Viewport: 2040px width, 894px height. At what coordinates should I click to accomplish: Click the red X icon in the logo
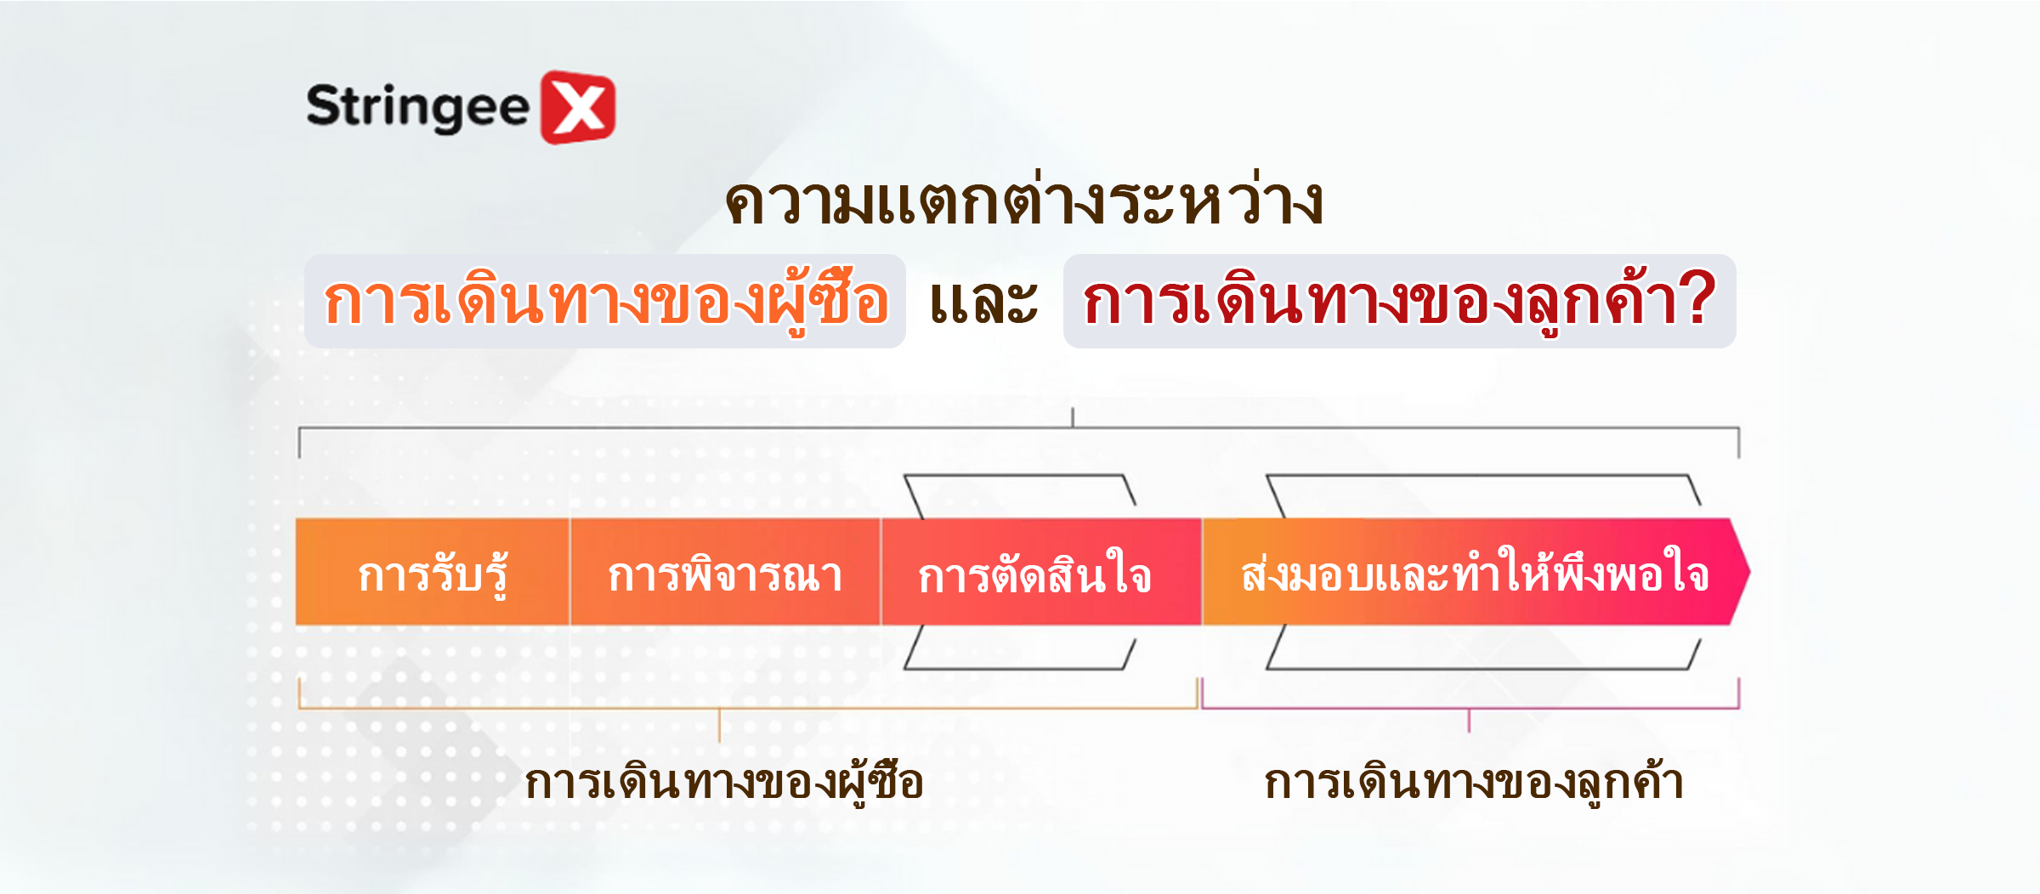[578, 107]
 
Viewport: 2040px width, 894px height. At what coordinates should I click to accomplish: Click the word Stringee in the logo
[417, 108]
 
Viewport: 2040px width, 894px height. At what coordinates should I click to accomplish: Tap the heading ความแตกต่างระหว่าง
[1023, 202]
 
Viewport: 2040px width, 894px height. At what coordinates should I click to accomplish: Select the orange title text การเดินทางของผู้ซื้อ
[606, 303]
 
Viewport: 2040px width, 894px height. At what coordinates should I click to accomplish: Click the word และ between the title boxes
[983, 303]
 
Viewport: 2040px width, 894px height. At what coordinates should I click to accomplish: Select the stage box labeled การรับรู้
[433, 572]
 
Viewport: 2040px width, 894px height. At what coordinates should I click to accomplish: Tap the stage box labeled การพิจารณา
[725, 572]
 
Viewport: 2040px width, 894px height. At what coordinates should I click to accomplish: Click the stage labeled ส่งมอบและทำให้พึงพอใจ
[1475, 572]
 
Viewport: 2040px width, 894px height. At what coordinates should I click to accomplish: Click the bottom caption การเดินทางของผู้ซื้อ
[724, 782]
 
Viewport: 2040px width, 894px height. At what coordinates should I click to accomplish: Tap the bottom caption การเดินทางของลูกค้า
[1473, 782]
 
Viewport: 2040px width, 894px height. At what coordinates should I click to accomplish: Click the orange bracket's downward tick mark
[719, 725]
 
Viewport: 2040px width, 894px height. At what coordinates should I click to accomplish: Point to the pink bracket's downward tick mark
[1469, 721]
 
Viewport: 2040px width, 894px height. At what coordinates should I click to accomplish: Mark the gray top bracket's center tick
[1073, 417]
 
